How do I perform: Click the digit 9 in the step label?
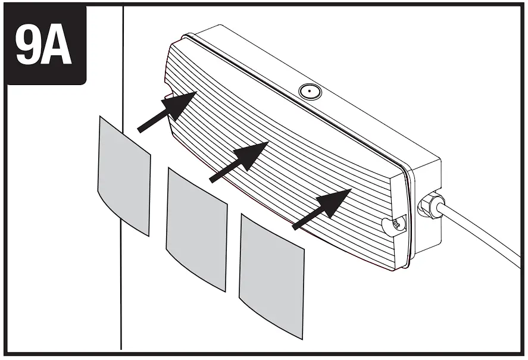(29, 46)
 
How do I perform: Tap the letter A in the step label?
(58, 46)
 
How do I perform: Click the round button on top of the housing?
(309, 92)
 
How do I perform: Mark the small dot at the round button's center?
(309, 92)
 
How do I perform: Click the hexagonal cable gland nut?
(430, 206)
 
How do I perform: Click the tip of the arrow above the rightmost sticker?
(349, 191)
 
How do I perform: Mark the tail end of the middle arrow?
(211, 179)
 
